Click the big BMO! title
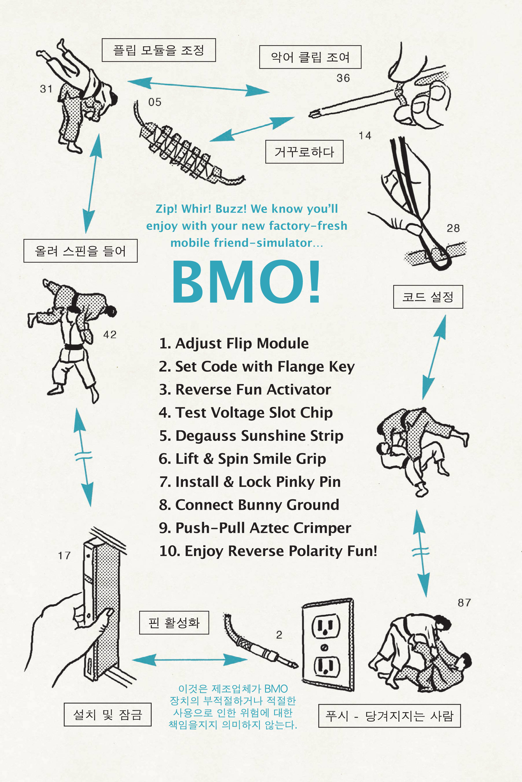coord(246,282)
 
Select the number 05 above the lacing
coord(155,102)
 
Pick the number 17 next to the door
coord(64,555)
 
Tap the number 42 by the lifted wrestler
coord(110,335)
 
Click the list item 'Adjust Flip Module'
coord(234,344)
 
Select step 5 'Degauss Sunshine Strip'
coord(251,436)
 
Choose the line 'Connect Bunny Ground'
coord(249,505)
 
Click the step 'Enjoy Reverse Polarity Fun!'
coord(268,551)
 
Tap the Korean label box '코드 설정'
coord(428,297)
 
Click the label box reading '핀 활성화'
coord(174,622)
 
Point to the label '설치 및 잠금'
coord(108,715)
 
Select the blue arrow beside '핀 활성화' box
coord(190,660)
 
